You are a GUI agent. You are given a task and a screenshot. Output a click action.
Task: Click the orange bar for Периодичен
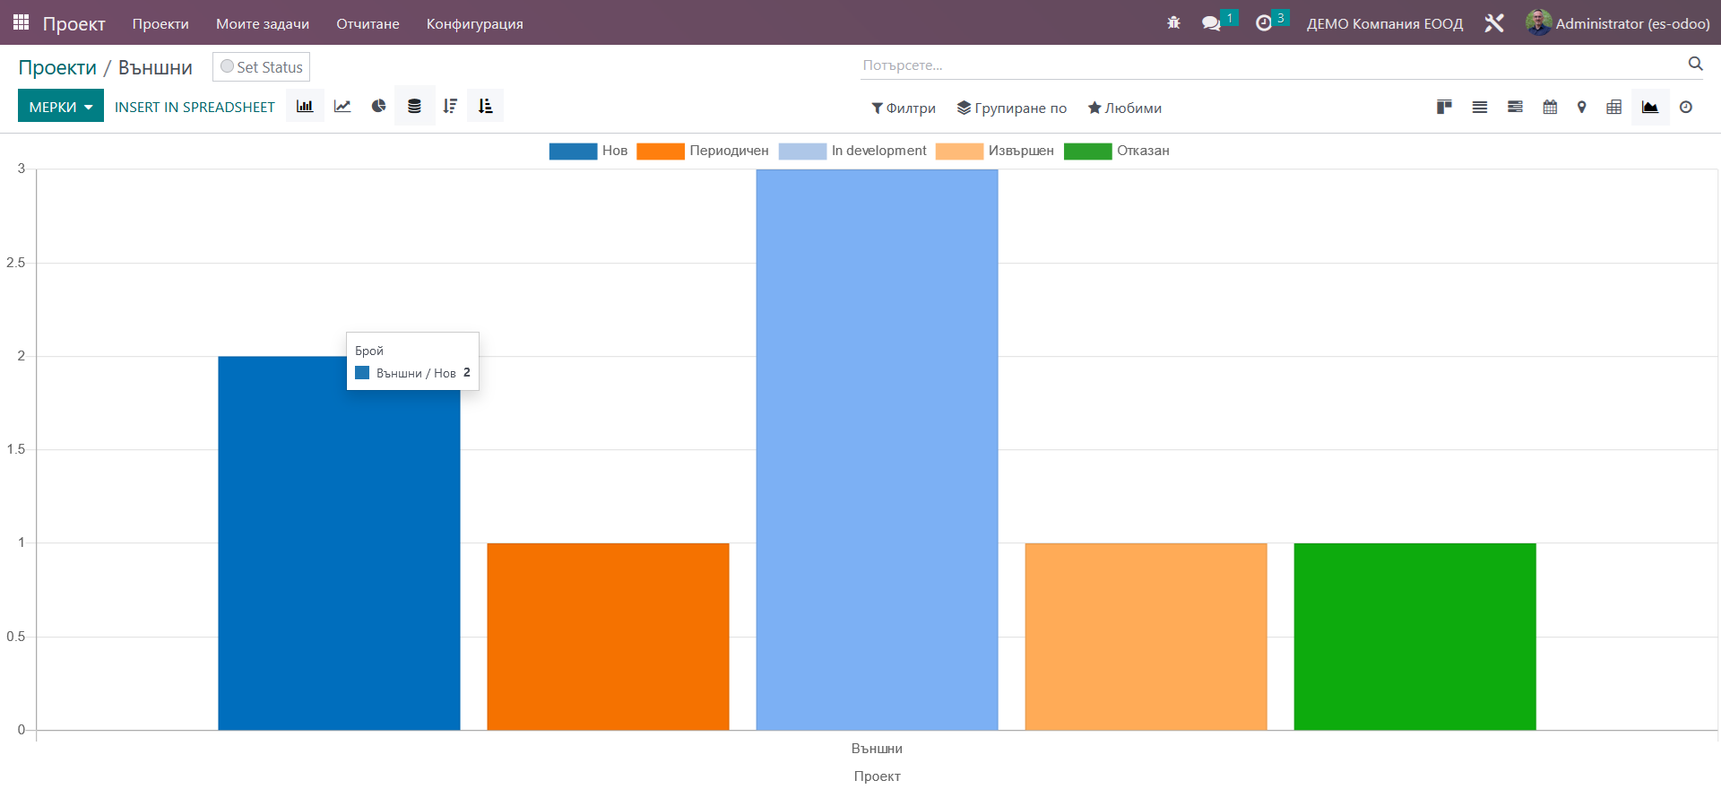pos(608,637)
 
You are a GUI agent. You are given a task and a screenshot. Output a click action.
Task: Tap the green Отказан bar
pos(1414,637)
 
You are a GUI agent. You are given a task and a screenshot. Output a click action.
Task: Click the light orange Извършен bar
pos(1146,637)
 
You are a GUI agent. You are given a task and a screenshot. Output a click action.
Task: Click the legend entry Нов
pos(588,151)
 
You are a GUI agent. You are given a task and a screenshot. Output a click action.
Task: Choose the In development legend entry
pos(852,151)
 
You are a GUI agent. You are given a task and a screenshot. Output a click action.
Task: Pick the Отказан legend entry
pos(1116,151)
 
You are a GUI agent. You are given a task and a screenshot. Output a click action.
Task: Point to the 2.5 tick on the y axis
pos(16,263)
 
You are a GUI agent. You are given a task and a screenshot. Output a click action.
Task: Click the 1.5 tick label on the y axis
pos(16,449)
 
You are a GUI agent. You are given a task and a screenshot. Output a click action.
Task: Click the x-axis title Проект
pos(877,776)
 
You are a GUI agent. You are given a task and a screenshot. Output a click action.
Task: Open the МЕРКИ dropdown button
pos(61,107)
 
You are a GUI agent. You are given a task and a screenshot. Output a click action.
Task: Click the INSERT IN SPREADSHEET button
pos(195,107)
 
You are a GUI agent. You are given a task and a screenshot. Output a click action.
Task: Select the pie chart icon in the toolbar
pos(379,106)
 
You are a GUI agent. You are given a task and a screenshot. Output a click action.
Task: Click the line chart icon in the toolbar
pos(342,106)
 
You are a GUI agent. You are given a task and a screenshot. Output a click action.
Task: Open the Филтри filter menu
pos(904,108)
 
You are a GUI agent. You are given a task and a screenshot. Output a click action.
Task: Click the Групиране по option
pos(1012,108)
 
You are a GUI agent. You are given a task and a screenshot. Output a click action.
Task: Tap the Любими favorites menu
pos(1125,108)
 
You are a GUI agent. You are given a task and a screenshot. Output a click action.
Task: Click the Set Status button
pos(262,67)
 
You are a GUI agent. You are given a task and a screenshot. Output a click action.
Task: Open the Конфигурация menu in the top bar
pos(475,23)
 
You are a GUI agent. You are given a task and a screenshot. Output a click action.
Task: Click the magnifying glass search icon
pos(1695,64)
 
